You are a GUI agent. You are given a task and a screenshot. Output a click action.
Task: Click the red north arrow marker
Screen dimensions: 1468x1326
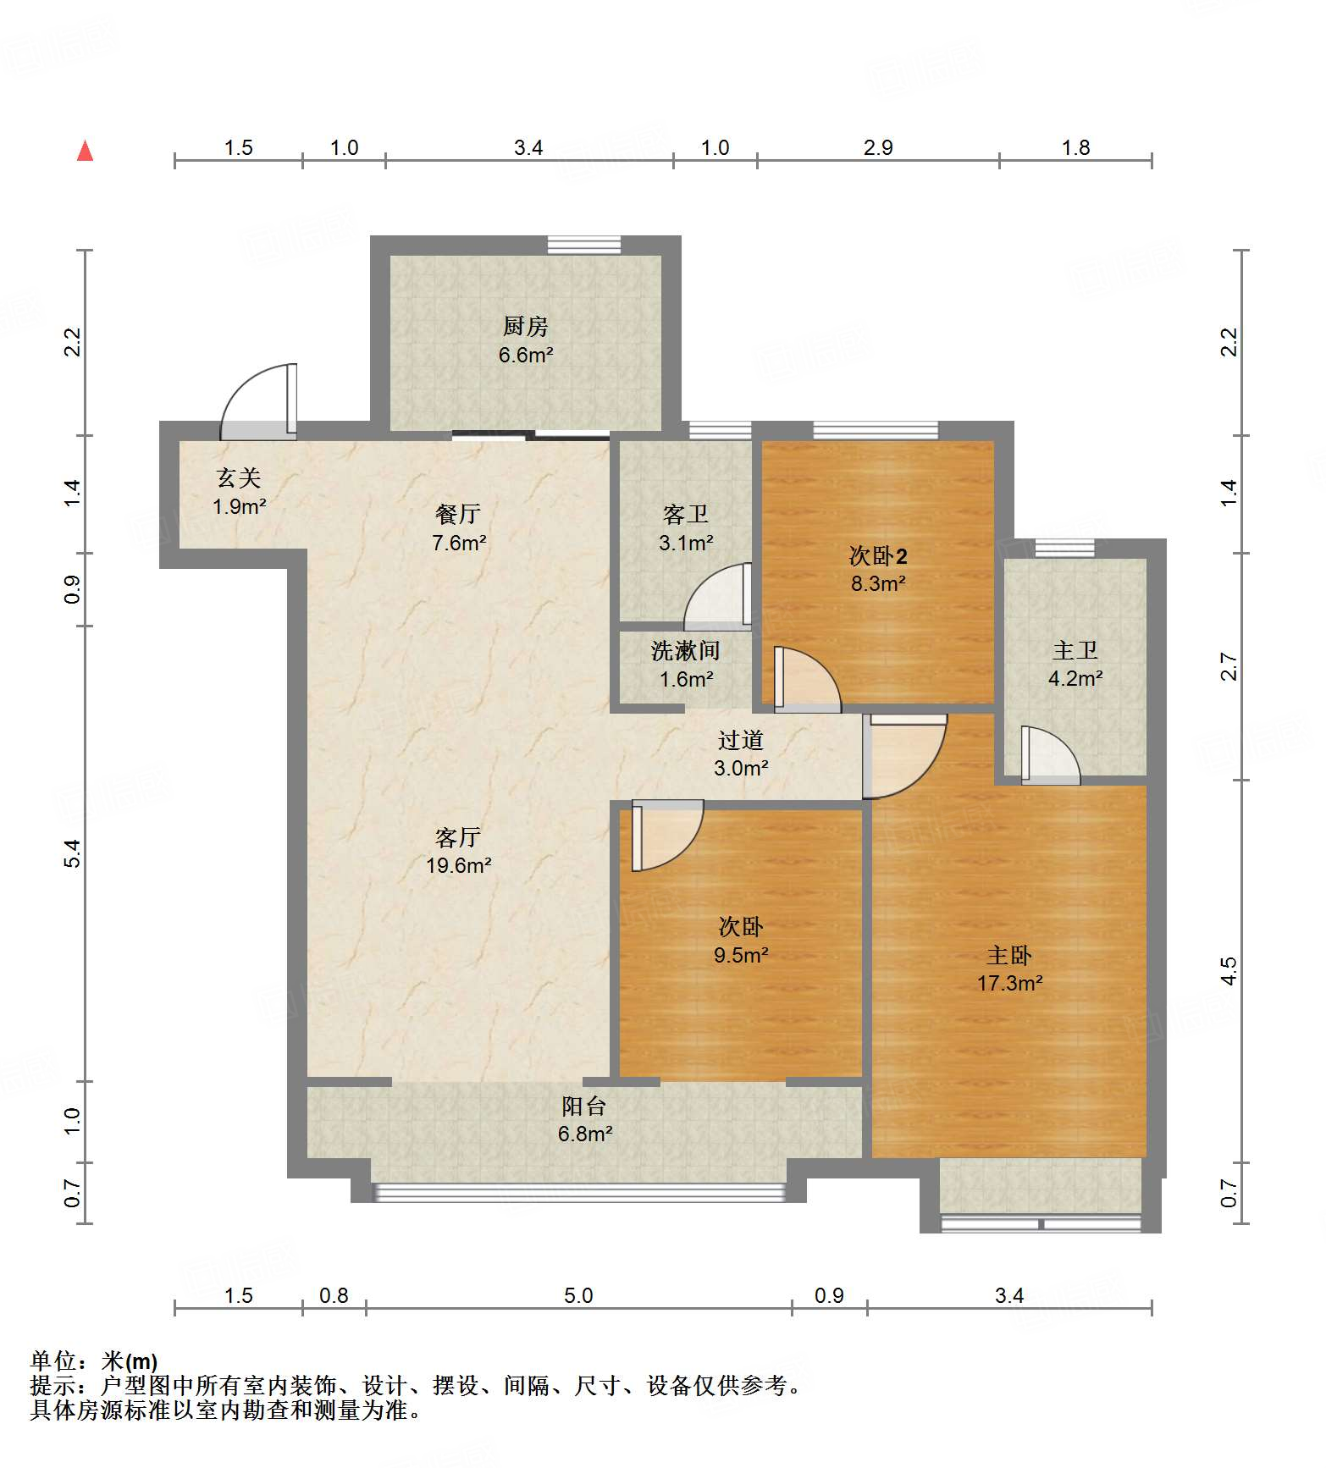pyautogui.click(x=85, y=151)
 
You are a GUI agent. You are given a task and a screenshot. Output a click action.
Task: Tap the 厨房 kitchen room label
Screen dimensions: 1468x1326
pyautogui.click(x=525, y=326)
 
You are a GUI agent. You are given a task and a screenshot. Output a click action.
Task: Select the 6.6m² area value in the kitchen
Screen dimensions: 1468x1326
pyautogui.click(x=525, y=355)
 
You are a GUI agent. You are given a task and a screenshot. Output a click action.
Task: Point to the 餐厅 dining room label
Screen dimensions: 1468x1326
pyautogui.click(x=458, y=514)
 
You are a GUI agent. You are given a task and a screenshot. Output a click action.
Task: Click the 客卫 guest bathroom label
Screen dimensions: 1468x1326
pyautogui.click(x=685, y=514)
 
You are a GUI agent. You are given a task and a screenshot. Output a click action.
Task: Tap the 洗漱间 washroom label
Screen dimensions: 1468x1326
pyautogui.click(x=685, y=651)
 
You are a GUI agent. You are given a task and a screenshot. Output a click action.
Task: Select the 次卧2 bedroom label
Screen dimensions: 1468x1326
pyautogui.click(x=878, y=556)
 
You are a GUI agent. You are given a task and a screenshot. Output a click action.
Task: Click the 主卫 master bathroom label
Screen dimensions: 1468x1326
pyautogui.click(x=1075, y=650)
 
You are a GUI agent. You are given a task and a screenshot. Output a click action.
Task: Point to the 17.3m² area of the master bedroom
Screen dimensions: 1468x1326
pyautogui.click(x=1009, y=983)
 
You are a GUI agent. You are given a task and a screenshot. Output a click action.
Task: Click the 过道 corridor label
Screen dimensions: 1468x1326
pyautogui.click(x=740, y=740)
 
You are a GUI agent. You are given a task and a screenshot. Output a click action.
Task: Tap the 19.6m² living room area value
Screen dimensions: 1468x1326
pyautogui.click(x=458, y=865)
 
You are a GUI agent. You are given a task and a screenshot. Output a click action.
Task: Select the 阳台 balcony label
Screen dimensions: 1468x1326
pyautogui.click(x=584, y=1106)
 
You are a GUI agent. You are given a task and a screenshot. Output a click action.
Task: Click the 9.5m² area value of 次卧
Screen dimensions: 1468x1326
pyautogui.click(x=740, y=955)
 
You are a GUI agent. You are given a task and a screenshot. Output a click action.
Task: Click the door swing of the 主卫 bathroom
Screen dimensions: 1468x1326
pyautogui.click(x=1050, y=755)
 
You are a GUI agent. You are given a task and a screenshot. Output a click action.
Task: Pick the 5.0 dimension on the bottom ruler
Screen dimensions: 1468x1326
pyautogui.click(x=578, y=1295)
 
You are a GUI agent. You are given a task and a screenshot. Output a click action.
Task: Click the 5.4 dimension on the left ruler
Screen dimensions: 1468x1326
pyautogui.click(x=73, y=853)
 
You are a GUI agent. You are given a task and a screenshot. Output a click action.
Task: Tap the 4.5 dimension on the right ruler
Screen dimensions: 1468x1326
pyautogui.click(x=1229, y=970)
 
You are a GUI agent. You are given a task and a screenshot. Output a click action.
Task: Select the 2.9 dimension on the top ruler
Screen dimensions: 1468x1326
pyautogui.click(x=878, y=147)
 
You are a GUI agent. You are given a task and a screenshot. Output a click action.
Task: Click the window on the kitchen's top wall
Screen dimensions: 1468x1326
pyautogui.click(x=583, y=246)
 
